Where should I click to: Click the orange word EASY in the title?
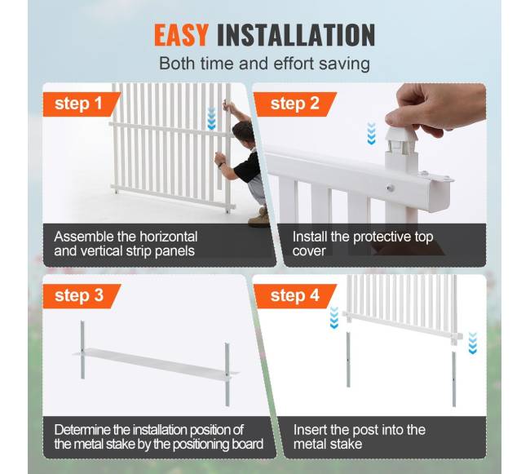[181, 35]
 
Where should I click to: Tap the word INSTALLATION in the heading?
[296, 35]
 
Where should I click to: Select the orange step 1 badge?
[82, 104]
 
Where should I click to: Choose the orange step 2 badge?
[295, 104]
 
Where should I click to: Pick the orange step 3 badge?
[82, 296]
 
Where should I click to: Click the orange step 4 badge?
[295, 296]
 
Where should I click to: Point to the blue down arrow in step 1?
[212, 118]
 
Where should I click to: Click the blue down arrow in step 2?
[372, 134]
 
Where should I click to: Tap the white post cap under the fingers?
[401, 140]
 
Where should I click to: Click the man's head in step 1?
[244, 132]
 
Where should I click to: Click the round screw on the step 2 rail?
[391, 188]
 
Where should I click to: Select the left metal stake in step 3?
[82, 349]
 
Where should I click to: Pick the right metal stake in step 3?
[227, 374]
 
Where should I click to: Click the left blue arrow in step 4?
[334, 317]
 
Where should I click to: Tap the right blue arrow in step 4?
[473, 343]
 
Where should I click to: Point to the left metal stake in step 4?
[348, 360]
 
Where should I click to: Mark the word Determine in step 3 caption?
[82, 430]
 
